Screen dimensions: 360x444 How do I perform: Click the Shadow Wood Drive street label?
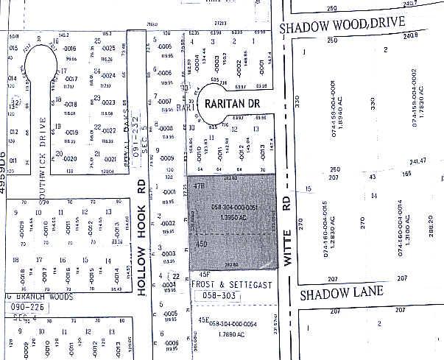[343, 24]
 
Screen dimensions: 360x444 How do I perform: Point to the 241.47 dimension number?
[417, 160]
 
